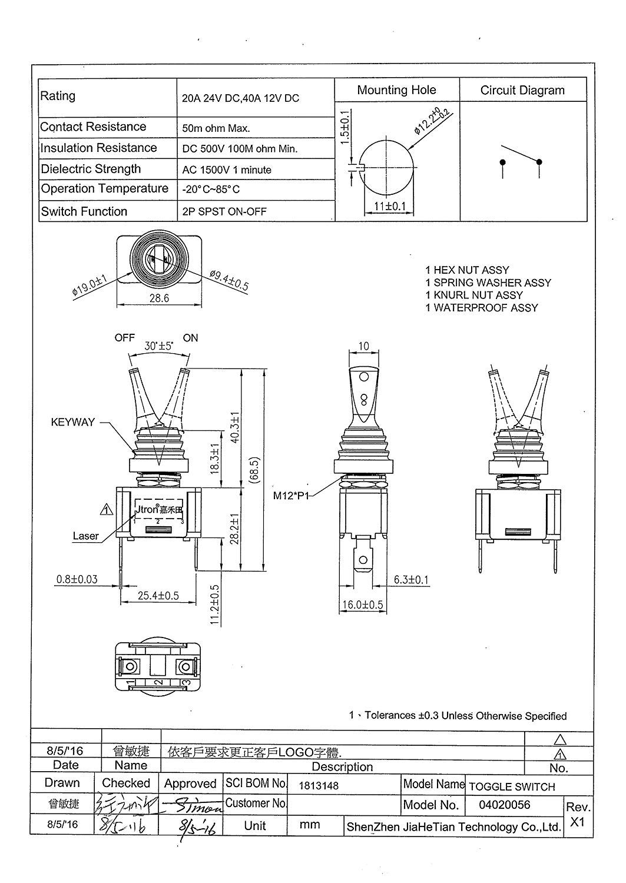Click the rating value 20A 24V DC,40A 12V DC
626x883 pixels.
pos(240,98)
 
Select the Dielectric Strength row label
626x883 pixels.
pos(91,169)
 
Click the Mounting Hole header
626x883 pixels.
pos(396,90)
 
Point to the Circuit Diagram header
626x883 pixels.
pos(522,90)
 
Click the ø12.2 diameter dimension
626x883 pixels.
pos(433,121)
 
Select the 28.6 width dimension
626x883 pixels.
pos(159,298)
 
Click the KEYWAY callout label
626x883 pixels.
pos(72,422)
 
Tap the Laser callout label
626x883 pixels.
pos(85,536)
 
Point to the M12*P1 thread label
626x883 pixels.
pos(294,495)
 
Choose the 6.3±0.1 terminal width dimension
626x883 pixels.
pos(411,580)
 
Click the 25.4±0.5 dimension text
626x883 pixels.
pos(158,596)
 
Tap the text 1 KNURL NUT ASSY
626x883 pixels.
pos(473,295)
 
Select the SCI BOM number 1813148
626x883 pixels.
pos(319,785)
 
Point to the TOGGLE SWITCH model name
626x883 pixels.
pos(512,786)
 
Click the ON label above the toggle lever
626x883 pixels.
pos(191,338)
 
